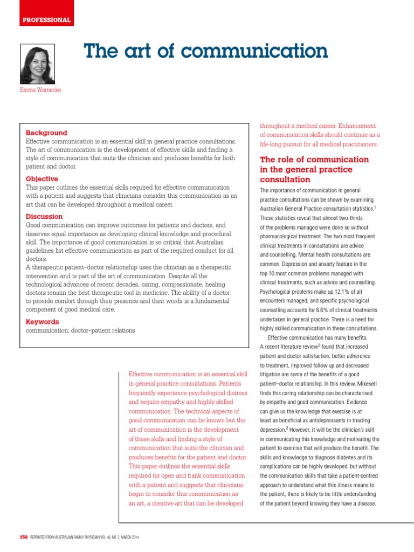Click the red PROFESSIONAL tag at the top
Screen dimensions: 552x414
46,20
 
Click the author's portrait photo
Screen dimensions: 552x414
37,64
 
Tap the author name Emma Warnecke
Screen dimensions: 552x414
40,90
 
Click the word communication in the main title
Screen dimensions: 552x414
253,51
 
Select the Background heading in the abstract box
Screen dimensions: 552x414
46,133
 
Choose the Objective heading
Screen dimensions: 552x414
42,179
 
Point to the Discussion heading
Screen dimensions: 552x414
44,217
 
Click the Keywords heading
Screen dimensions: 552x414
43,322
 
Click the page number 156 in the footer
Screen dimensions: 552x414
24,537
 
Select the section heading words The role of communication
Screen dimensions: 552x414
314,160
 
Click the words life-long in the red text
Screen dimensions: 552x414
272,144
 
